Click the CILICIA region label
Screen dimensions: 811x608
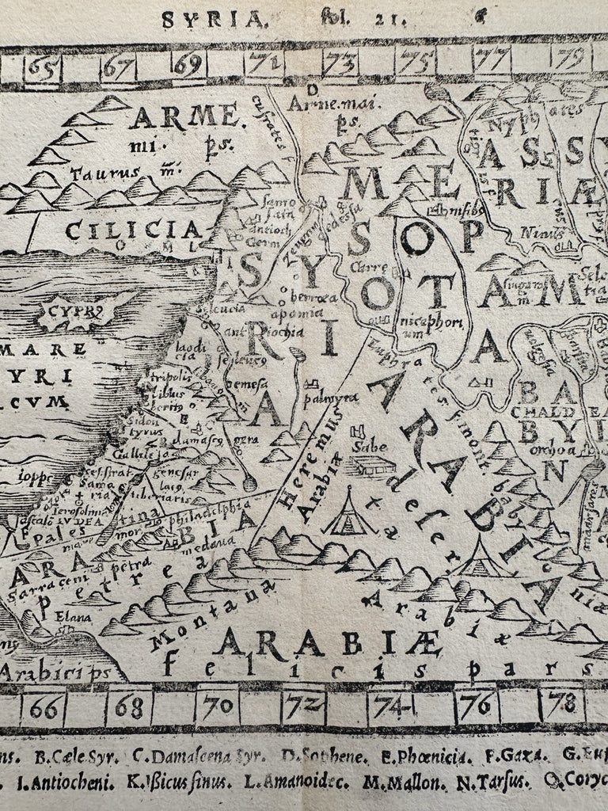tap(132, 230)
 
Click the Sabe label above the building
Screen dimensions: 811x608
tap(369, 445)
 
